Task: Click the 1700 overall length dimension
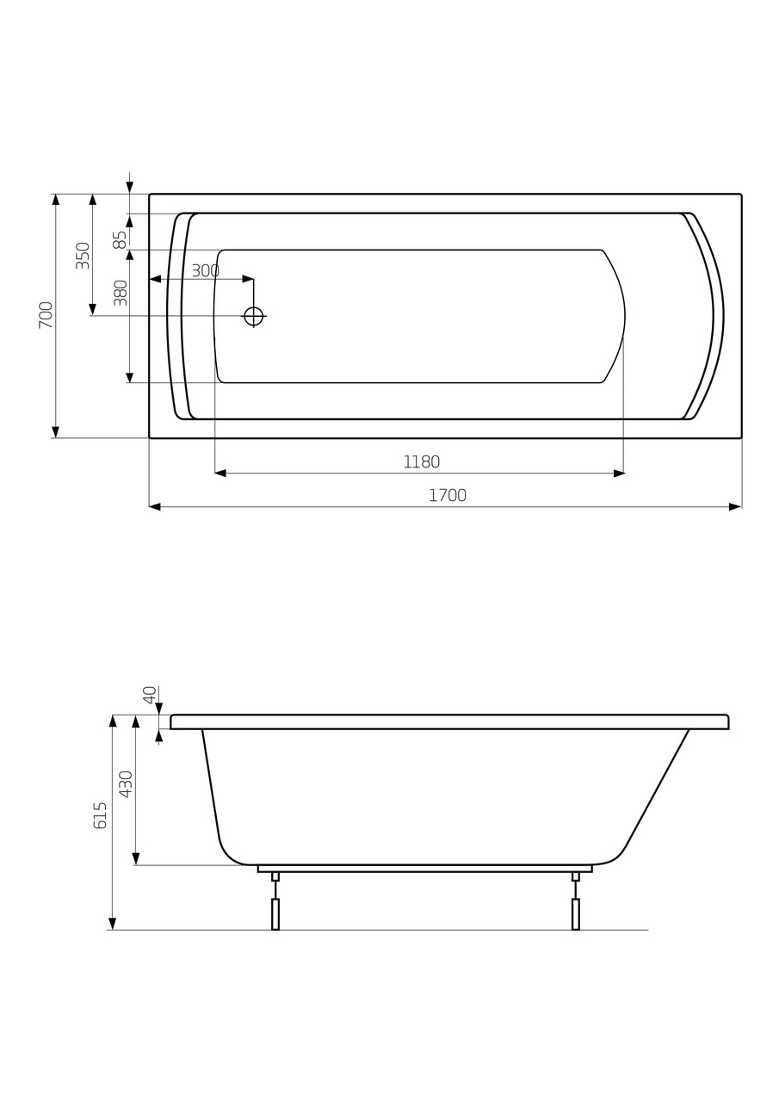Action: click(x=447, y=496)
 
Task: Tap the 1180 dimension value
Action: click(x=421, y=462)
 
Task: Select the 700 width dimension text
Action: click(x=46, y=314)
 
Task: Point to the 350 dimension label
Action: click(x=83, y=256)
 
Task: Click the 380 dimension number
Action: click(x=121, y=293)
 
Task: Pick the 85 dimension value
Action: click(x=120, y=239)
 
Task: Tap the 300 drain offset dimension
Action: click(x=205, y=271)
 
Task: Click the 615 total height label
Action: click(x=101, y=815)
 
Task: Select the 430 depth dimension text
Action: click(x=126, y=784)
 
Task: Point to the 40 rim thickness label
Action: click(x=150, y=695)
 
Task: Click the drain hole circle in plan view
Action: click(x=253, y=316)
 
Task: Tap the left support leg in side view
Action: click(x=275, y=913)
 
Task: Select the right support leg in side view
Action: click(x=575, y=913)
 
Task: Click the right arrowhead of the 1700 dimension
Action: click(x=734, y=507)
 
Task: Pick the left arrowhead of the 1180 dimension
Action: click(x=220, y=474)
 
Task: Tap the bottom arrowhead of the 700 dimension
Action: click(x=56, y=431)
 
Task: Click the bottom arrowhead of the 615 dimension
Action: click(x=113, y=924)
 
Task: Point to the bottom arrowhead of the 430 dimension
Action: click(x=136, y=858)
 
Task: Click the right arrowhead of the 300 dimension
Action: click(x=247, y=279)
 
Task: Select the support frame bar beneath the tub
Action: click(x=424, y=869)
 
